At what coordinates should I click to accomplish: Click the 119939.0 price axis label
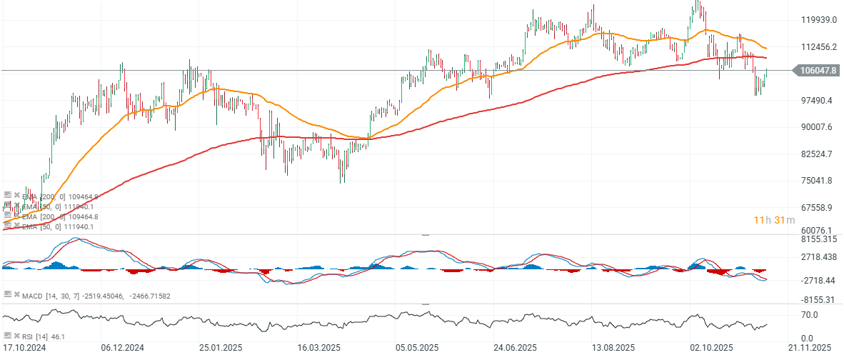pos(818,20)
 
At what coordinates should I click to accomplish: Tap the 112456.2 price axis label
pos(818,47)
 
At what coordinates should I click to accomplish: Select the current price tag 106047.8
pos(818,71)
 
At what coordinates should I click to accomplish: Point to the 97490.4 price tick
pos(818,101)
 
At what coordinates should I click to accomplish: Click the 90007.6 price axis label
pos(818,127)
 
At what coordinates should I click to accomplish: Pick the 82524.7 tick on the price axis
pos(818,154)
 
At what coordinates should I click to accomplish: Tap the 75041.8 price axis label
pos(818,181)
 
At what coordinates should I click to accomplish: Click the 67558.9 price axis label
pos(818,208)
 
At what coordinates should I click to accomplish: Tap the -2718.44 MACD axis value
pos(818,281)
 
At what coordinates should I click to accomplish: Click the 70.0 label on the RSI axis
pos(809,314)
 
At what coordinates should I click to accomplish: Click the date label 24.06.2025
pos(515,348)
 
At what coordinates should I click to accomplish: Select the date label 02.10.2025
pos(712,348)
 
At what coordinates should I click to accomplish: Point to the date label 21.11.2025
pos(810,348)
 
